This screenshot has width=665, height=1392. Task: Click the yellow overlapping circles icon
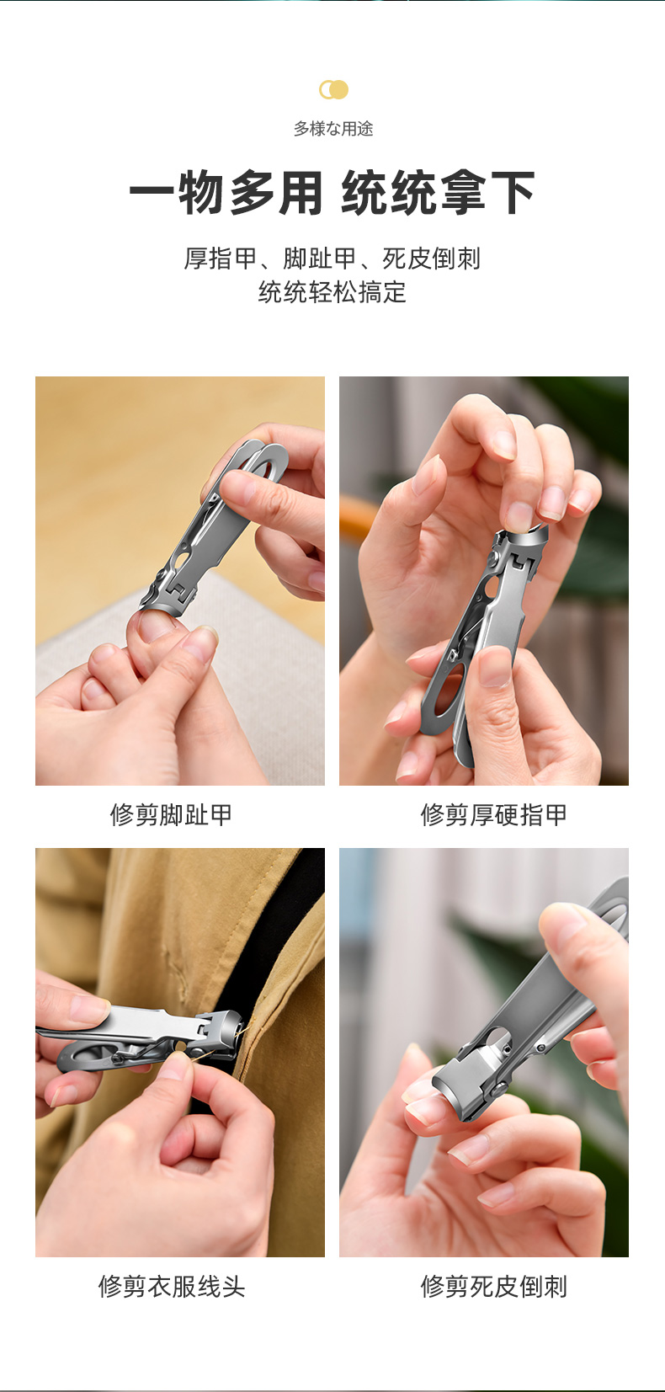point(333,90)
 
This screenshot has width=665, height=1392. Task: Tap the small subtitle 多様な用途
point(333,129)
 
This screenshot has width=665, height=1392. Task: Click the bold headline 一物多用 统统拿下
point(332,193)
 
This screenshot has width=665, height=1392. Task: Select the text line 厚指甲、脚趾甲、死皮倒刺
point(332,259)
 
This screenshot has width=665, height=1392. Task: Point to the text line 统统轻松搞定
point(332,292)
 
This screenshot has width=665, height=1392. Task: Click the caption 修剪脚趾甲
point(172,814)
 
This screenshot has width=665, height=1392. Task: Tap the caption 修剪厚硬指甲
point(493,814)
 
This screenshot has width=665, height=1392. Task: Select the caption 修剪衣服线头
point(172,1287)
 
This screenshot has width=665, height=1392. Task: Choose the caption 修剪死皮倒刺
point(493,1287)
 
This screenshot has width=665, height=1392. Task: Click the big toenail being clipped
point(155,625)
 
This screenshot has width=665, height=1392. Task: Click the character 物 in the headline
point(201,193)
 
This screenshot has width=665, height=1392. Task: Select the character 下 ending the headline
point(513,193)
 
